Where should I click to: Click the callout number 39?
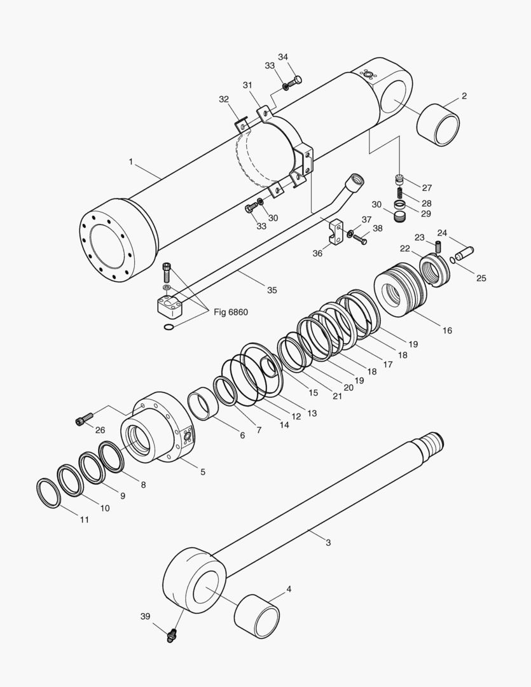click(x=146, y=616)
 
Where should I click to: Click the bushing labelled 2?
click(x=439, y=123)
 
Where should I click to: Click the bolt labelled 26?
click(x=83, y=419)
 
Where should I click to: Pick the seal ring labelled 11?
click(x=48, y=493)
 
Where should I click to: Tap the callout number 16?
click(x=448, y=331)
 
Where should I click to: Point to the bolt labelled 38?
click(x=361, y=240)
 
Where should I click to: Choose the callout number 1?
click(x=130, y=162)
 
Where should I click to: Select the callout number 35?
click(x=272, y=290)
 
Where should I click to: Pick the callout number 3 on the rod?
click(x=328, y=543)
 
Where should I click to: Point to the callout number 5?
click(x=203, y=472)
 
